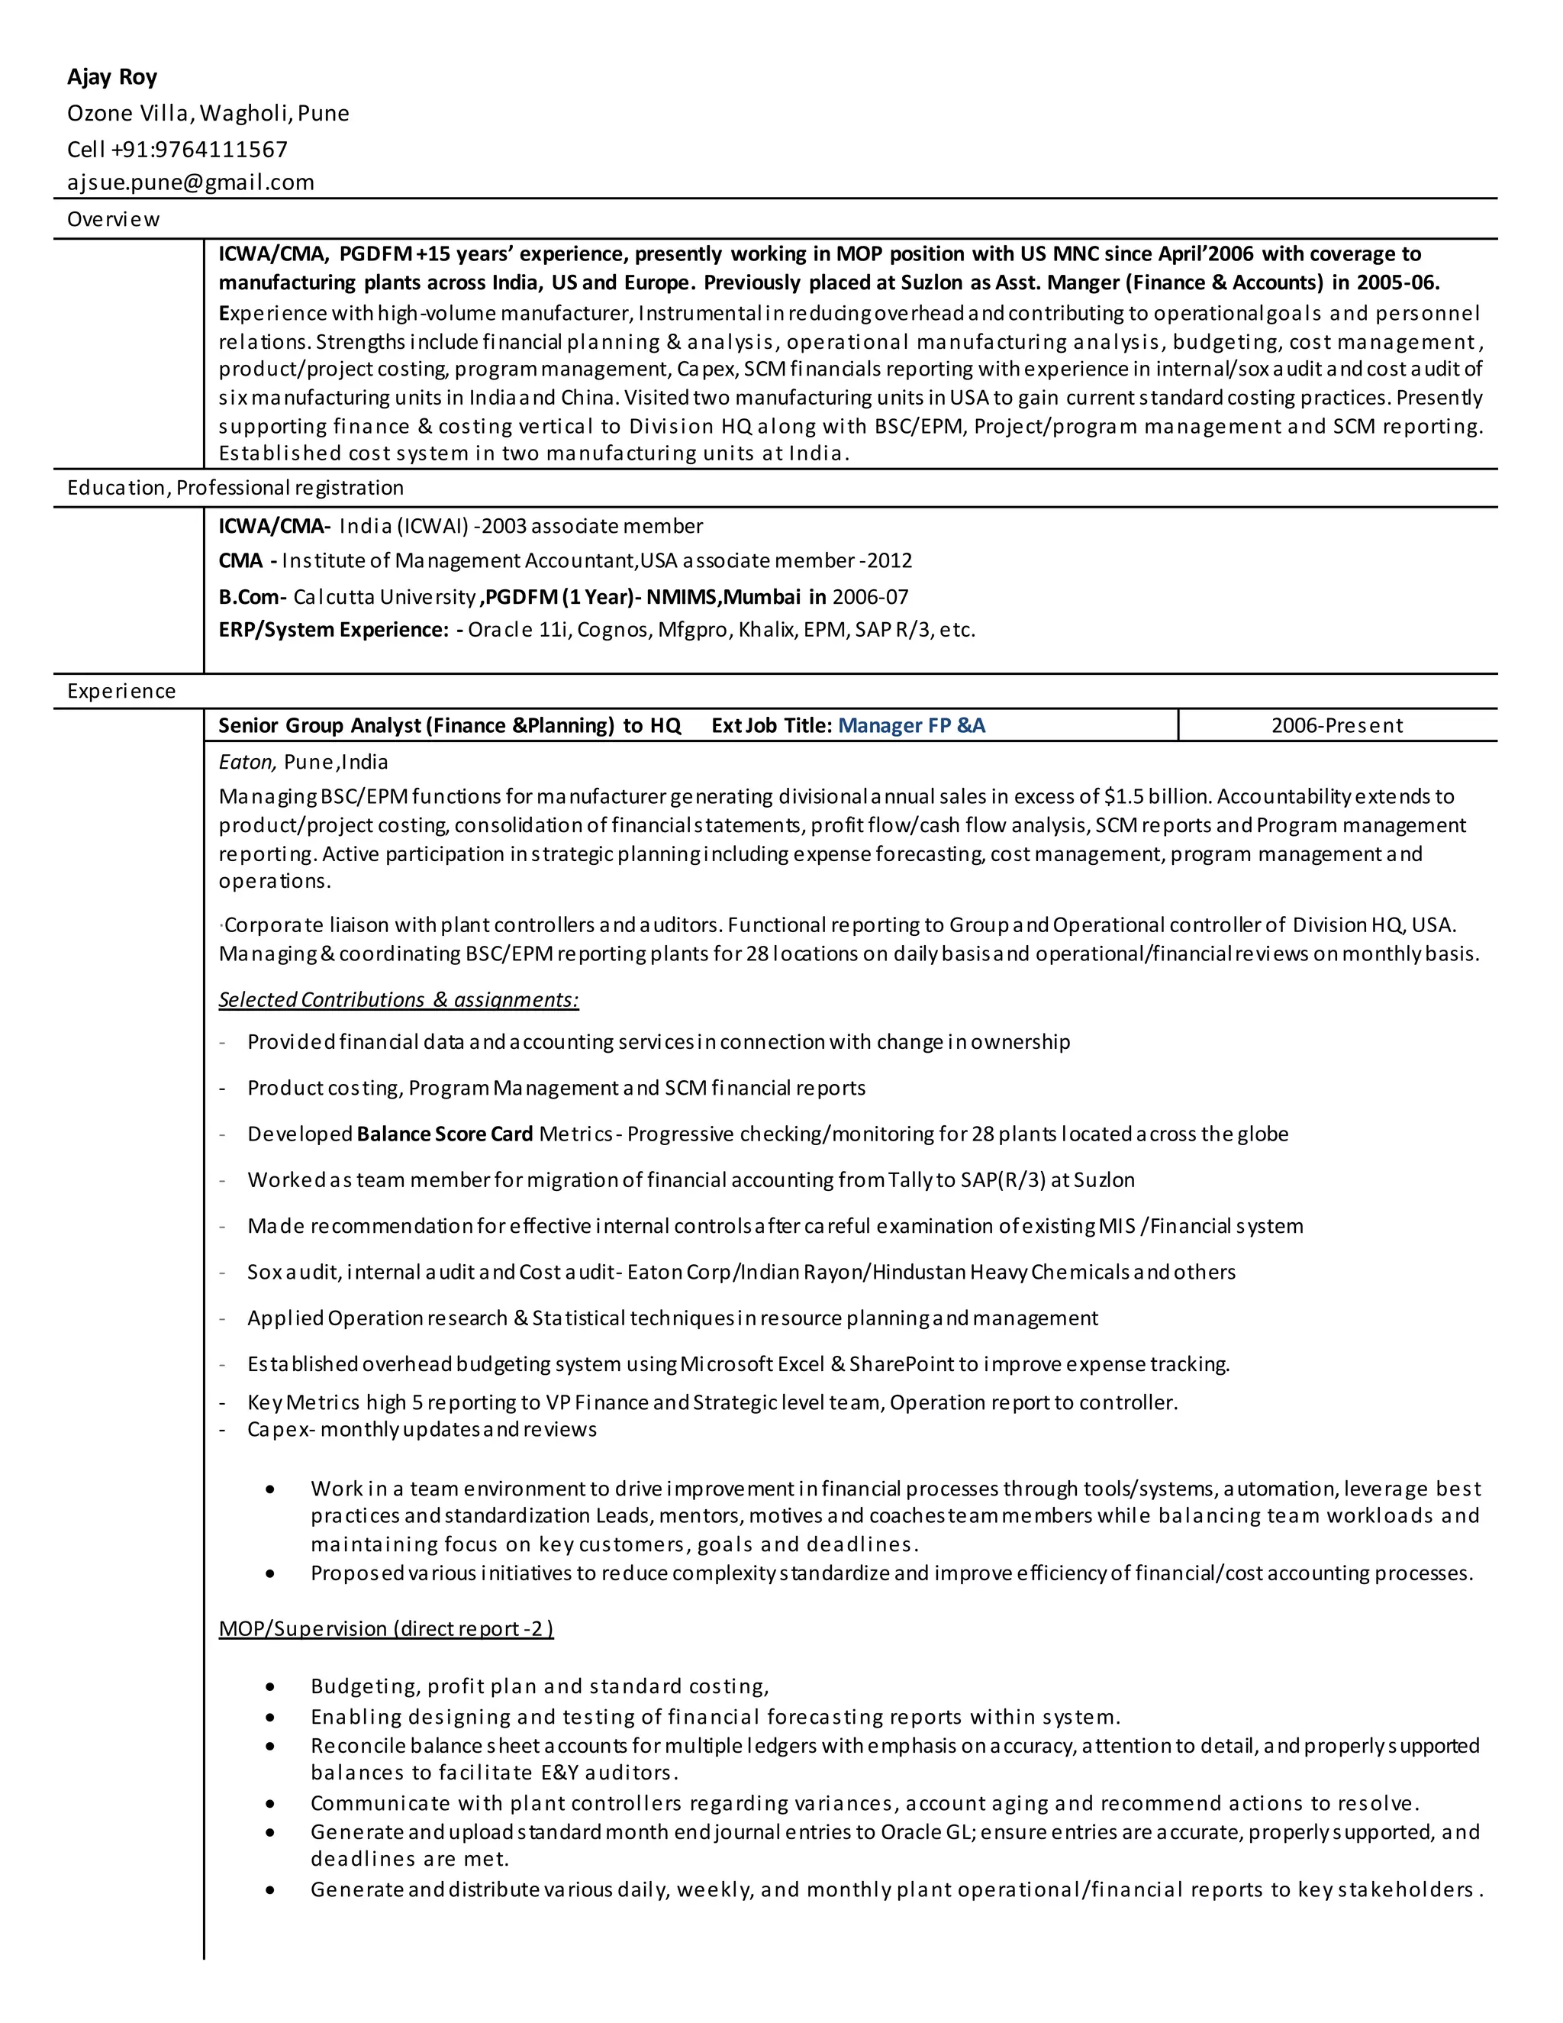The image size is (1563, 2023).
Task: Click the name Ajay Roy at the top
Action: (x=112, y=77)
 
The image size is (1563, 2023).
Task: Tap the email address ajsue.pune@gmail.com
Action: (x=191, y=182)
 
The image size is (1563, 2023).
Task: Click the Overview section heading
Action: (x=113, y=220)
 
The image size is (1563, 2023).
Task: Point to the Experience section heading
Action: (x=121, y=691)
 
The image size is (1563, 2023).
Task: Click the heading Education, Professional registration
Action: (x=235, y=487)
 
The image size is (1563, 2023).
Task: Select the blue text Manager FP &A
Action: (x=911, y=725)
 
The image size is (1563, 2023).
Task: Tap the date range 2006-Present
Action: (x=1336, y=725)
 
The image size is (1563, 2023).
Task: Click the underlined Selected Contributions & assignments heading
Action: (x=398, y=999)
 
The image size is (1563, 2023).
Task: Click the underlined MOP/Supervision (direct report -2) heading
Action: (x=386, y=1628)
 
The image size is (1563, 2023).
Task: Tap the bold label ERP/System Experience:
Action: (x=334, y=630)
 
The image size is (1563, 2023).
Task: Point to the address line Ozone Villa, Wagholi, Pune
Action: (x=208, y=114)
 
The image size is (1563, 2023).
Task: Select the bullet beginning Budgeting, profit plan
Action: (x=540, y=1686)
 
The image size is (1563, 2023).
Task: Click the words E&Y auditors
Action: (x=609, y=1772)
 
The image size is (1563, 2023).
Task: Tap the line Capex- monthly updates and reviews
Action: (x=421, y=1429)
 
